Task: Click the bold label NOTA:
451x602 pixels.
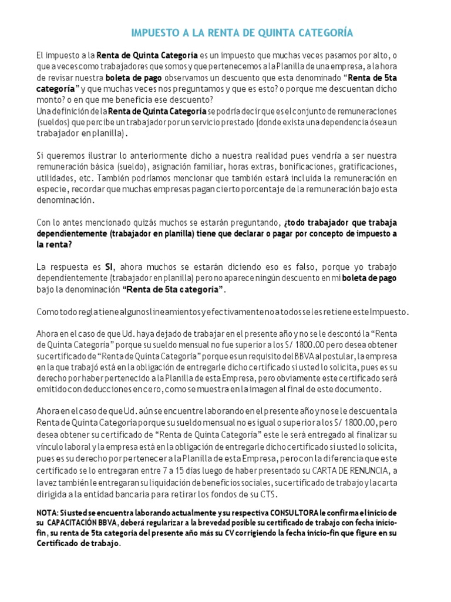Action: coord(48,513)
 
